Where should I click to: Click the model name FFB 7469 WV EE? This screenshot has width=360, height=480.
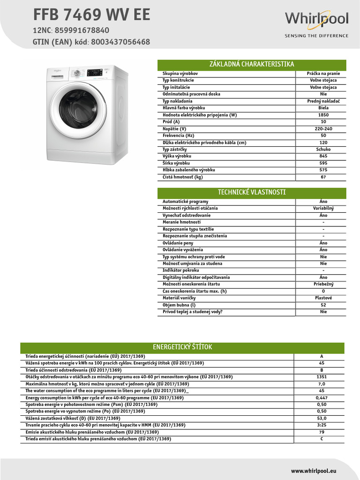91,15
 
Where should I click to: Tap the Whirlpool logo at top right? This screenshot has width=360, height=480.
317,20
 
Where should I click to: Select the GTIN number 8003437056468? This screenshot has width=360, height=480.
121,42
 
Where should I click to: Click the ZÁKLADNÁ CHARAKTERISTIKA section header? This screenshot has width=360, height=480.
252,65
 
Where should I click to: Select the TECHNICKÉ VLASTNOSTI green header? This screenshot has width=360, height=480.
252,192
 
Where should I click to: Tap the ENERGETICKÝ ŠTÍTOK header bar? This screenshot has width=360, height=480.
182,347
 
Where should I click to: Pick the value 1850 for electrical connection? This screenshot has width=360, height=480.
323,115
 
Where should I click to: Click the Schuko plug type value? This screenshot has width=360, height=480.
323,150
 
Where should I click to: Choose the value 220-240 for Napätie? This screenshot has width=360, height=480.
323,129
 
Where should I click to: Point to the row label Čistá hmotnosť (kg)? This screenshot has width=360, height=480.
183,177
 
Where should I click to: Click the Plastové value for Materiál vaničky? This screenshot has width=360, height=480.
323,298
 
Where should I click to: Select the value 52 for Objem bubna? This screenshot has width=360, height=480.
323,305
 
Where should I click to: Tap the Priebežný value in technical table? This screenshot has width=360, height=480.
323,285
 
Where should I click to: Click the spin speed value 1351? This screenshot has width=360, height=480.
321,377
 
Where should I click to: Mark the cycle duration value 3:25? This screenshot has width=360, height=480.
321,425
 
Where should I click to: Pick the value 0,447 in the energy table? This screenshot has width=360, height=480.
321,397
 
